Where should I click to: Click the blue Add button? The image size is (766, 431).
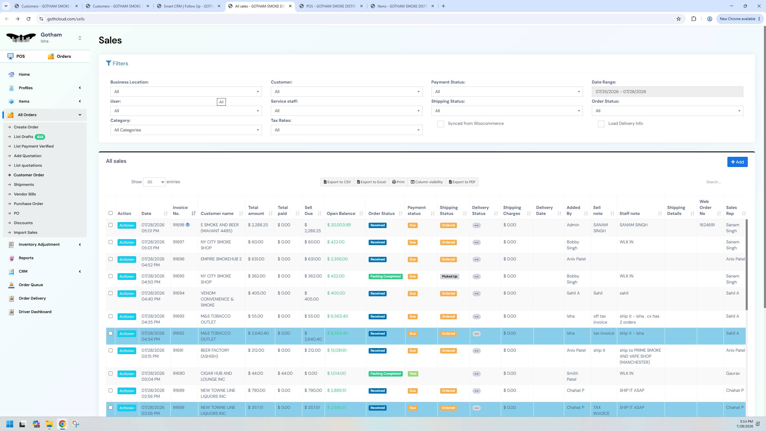737,162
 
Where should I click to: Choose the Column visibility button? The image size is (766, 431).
427,182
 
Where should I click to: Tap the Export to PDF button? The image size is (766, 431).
462,182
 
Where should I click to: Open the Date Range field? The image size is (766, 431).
667,92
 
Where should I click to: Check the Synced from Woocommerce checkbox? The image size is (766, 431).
440,124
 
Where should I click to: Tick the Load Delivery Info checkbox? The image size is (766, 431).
601,124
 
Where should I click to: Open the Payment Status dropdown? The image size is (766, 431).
507,92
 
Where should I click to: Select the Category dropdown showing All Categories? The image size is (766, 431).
186,130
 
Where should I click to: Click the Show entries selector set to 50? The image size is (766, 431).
154,182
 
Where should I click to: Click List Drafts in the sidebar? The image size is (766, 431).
23,137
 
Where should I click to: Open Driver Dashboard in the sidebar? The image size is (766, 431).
35,312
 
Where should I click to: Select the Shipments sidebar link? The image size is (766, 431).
24,185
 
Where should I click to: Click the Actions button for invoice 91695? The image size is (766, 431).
127,277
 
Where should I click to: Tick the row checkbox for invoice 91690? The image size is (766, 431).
110,374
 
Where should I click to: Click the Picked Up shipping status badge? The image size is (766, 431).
449,277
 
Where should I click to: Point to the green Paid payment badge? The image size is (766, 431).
413,374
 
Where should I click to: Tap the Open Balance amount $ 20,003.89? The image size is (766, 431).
339,225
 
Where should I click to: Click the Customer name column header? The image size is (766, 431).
217,214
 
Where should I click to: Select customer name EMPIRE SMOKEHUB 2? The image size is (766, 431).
221,259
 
